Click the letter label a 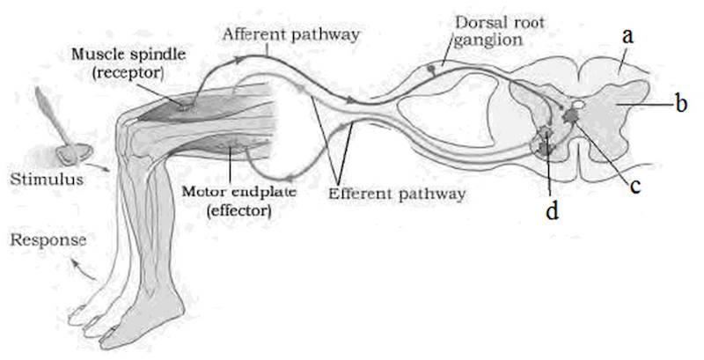click(627, 36)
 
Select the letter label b click(681, 104)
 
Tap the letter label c click(634, 187)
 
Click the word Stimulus click(47, 179)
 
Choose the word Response click(48, 239)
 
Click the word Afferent click(254, 34)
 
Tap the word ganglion click(488, 40)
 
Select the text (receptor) click(128, 72)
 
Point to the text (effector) click(238, 209)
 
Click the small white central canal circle click(580, 105)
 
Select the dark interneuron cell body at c click(571, 115)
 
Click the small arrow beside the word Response click(84, 268)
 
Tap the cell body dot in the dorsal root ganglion click(431, 69)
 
